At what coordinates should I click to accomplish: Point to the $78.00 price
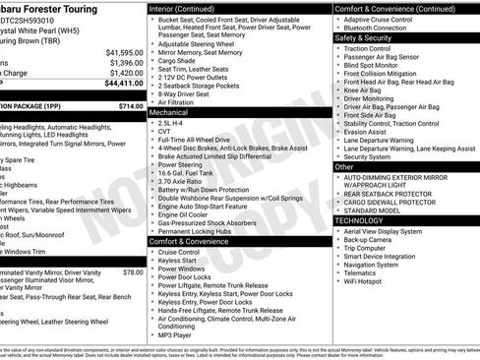[x=134, y=271]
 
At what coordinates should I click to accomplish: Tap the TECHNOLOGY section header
[x=358, y=220]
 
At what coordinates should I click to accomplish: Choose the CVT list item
[x=164, y=134]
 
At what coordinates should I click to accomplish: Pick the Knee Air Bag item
[x=364, y=89]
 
